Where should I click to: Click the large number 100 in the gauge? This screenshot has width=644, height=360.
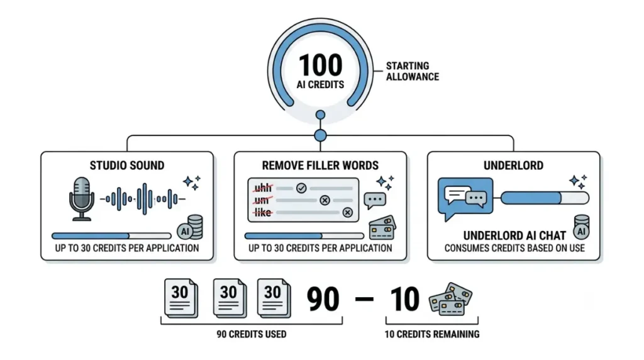coord(320,65)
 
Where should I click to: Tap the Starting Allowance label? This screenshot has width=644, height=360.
coord(413,72)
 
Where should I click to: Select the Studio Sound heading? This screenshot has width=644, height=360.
coord(127,166)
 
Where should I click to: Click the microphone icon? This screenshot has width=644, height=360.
coord(81,199)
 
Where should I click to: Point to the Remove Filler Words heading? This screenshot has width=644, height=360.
coord(320,166)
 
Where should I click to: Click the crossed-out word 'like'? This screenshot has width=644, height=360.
coord(263,213)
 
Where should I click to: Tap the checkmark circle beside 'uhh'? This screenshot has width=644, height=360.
coord(301,188)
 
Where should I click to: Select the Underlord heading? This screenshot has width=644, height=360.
coord(513,166)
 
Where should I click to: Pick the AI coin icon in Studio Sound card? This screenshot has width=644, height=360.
coord(190,228)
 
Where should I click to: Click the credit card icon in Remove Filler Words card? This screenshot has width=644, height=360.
coord(382,228)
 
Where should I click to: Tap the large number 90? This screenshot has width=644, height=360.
coord(323,299)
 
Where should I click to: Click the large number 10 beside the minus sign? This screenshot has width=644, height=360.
coord(404,299)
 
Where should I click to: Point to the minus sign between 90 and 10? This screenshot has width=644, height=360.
coord(364,299)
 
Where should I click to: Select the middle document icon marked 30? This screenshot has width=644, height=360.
coord(230,298)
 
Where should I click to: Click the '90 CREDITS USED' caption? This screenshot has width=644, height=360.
coord(252,334)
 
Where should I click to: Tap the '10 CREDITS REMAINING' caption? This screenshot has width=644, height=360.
coord(432,334)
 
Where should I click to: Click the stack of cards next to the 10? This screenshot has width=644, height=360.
coord(450,299)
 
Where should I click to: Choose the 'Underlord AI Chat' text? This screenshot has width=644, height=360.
coord(514,235)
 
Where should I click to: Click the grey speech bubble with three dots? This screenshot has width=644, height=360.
coord(375,201)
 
